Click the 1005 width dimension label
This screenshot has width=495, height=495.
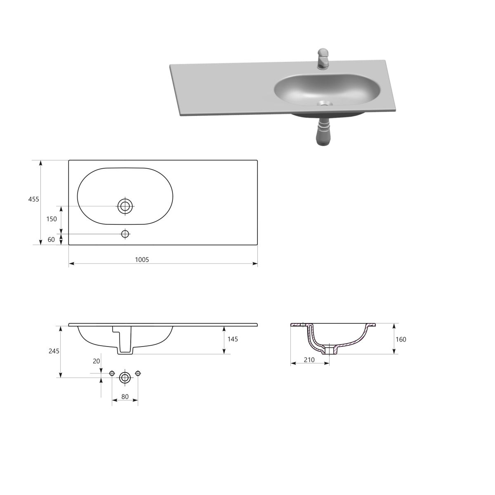click(142, 260)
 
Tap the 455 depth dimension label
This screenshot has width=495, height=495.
click(34, 199)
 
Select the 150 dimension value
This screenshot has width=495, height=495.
click(52, 219)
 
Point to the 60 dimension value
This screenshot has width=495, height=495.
click(51, 239)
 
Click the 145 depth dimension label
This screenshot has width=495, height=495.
click(233, 339)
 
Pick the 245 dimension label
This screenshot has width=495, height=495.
click(54, 351)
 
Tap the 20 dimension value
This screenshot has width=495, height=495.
click(97, 361)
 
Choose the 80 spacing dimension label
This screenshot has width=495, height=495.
click(125, 396)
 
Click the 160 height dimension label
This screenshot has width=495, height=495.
click(401, 339)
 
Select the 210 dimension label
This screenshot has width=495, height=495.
click(309, 360)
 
